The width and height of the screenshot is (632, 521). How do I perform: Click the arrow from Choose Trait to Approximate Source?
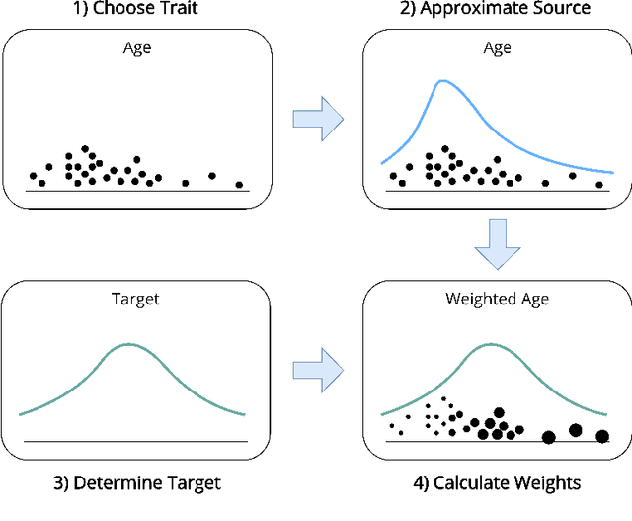(x=317, y=119)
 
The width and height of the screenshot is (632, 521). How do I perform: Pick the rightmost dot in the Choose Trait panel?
(x=239, y=184)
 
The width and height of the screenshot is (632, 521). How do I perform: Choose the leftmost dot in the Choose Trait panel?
(x=33, y=176)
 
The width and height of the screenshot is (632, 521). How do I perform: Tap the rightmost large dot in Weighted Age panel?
(x=602, y=435)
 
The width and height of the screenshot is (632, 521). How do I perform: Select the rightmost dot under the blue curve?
(x=598, y=184)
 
